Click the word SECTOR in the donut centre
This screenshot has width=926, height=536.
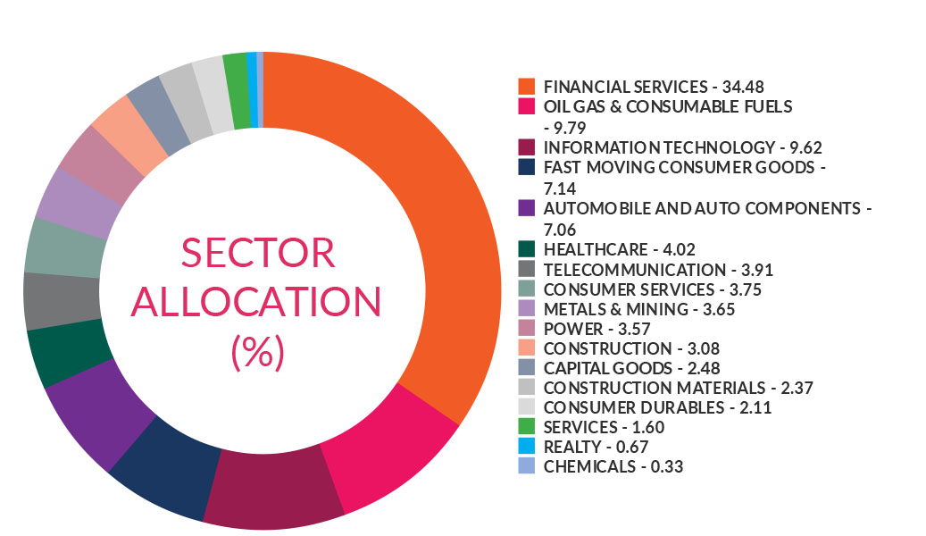click(258, 254)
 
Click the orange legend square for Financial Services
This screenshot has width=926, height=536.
click(527, 87)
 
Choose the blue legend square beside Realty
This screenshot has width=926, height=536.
click(527, 447)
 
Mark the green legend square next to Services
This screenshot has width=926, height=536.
click(527, 427)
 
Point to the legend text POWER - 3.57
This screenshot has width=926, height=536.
click(587, 329)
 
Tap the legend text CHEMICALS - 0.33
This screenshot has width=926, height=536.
click(606, 466)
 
